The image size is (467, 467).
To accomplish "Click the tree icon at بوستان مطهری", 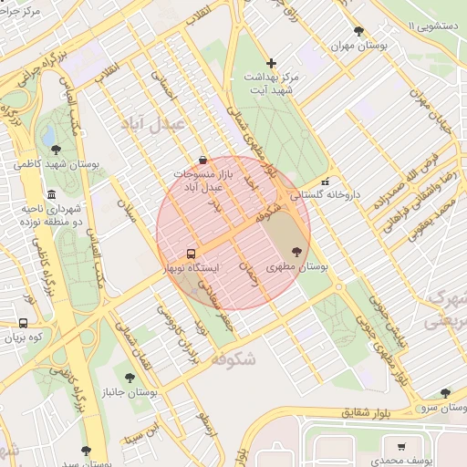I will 296,252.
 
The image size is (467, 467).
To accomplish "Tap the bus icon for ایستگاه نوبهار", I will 191,254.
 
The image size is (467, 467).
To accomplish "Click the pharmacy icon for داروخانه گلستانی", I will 325,181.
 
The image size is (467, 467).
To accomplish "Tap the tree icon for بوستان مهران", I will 358,30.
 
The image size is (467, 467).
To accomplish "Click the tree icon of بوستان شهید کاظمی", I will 57,150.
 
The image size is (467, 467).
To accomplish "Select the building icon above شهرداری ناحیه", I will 51,195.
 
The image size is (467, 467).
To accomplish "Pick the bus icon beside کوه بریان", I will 23,322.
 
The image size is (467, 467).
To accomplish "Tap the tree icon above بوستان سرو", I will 445,393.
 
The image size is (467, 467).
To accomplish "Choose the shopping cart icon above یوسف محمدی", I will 401,446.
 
